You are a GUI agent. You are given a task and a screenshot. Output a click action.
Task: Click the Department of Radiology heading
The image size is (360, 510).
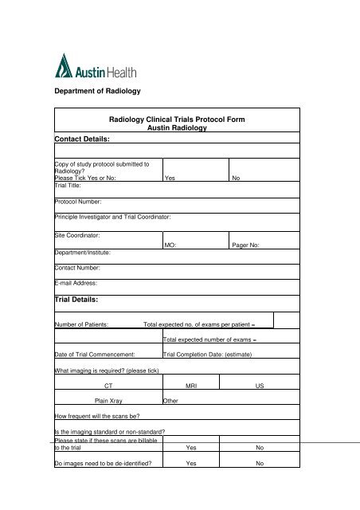(x=97, y=92)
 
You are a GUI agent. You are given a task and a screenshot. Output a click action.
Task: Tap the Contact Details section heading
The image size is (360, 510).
(x=88, y=138)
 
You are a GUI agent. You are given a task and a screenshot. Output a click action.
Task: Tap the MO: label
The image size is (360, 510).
(x=170, y=245)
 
